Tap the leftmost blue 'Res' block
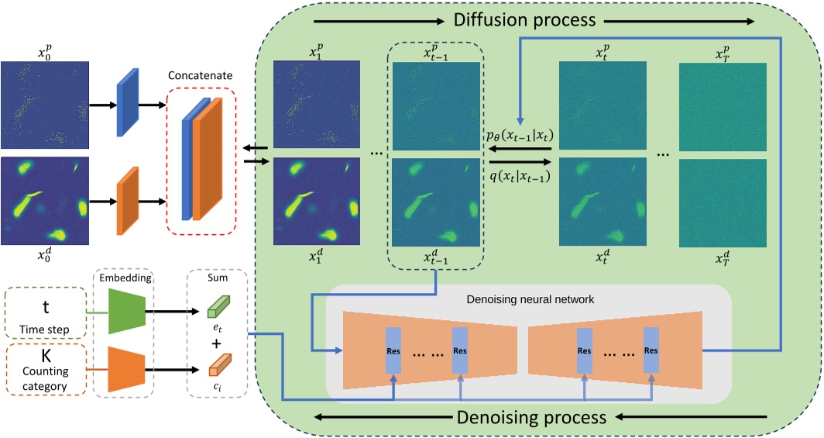point(393,349)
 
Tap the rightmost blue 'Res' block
point(651,349)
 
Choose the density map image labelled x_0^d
point(45,201)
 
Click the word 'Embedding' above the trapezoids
point(123,276)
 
